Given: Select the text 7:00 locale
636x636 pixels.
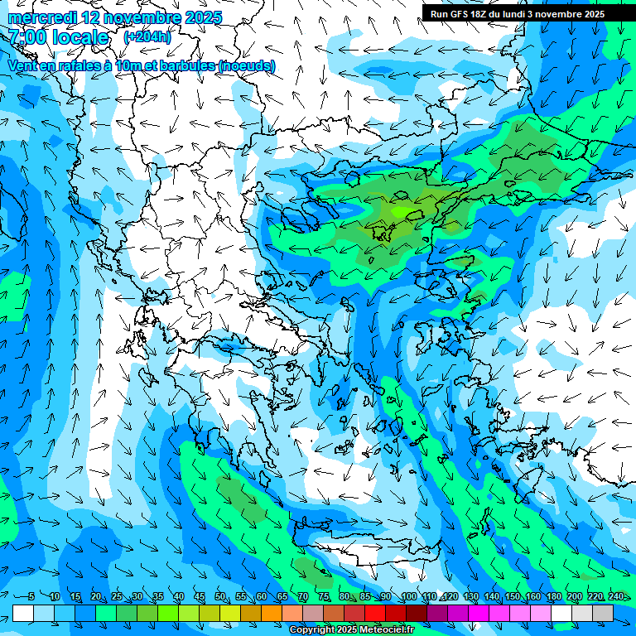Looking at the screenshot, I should pos(59,37).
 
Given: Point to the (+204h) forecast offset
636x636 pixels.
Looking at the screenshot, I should pos(147,37).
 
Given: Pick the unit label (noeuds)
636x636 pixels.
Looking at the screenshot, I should pos(247,65).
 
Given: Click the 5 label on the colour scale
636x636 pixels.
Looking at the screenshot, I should pos(31,597).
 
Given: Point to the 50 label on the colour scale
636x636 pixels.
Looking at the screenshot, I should pos(219,597).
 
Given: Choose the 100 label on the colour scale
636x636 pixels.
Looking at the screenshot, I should pos(408,597).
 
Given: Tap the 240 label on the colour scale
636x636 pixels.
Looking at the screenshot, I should pos(616,597).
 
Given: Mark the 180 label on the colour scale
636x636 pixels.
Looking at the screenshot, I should pos(554,597).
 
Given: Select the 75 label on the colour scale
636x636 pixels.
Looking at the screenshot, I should pos(324,597).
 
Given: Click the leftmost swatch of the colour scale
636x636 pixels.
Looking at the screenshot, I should pos(22,613).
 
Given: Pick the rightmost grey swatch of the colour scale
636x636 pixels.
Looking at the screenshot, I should pos(603,613).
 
